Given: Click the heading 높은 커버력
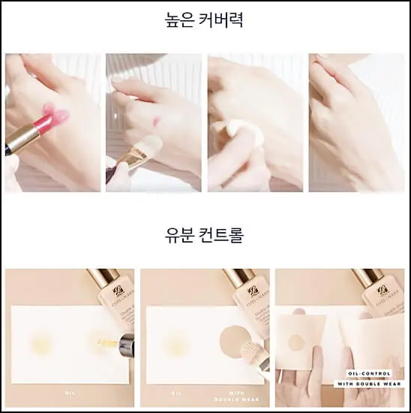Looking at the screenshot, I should point(205,20).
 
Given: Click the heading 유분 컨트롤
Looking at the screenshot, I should point(205,235).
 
